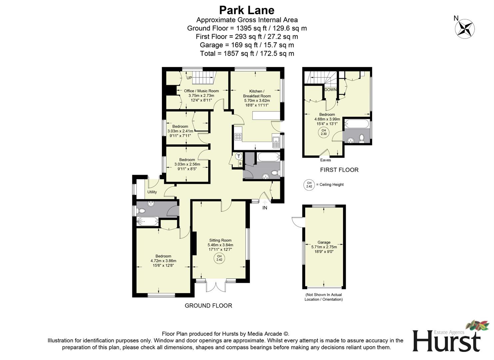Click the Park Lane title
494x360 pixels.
click(x=247, y=10)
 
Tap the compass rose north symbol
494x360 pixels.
click(x=465, y=28)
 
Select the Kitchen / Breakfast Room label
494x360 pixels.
click(x=256, y=93)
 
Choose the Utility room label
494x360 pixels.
click(x=152, y=192)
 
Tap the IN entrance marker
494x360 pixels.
click(x=265, y=208)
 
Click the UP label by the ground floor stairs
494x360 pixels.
click(x=189, y=78)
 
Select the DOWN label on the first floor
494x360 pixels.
click(x=330, y=90)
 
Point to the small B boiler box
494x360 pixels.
click(x=240, y=164)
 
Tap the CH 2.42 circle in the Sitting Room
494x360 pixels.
click(x=219, y=258)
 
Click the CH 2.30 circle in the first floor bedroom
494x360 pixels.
click(x=323, y=132)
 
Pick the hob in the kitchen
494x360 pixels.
click(x=238, y=136)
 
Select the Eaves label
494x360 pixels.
click(x=325, y=160)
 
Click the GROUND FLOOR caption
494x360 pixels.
click(x=208, y=305)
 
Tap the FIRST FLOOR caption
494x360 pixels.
click(x=339, y=170)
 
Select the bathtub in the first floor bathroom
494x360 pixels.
click(x=357, y=124)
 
